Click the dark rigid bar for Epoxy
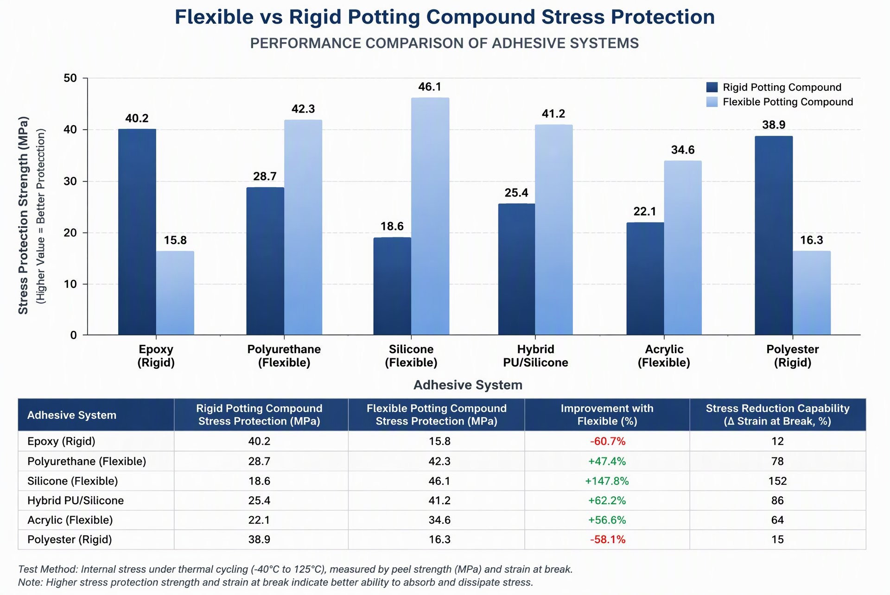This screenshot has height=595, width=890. click(137, 232)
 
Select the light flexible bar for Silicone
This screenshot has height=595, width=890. click(430, 216)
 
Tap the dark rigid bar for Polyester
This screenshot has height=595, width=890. click(774, 235)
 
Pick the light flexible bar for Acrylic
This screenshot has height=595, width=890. click(683, 247)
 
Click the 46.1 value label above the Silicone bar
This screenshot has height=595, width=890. click(430, 87)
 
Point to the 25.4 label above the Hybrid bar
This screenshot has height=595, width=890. click(516, 193)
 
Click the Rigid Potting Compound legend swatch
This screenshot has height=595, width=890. click(712, 87)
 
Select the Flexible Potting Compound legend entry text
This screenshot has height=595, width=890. click(788, 102)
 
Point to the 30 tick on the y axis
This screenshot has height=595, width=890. click(70, 181)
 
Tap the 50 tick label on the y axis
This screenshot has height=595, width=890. click(70, 78)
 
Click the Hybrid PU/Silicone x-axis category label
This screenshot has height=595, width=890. click(535, 356)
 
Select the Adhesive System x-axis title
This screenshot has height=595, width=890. click(468, 385)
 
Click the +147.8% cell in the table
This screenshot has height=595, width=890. click(607, 481)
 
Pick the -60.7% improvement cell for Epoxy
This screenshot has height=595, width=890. click(608, 441)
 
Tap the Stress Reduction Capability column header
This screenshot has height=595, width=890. click(777, 415)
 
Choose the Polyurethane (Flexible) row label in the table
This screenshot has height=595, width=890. click(87, 461)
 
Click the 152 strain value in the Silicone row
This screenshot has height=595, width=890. click(777, 481)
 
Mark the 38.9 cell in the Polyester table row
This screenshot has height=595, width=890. click(259, 539)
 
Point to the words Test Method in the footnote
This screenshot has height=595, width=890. click(47, 569)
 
